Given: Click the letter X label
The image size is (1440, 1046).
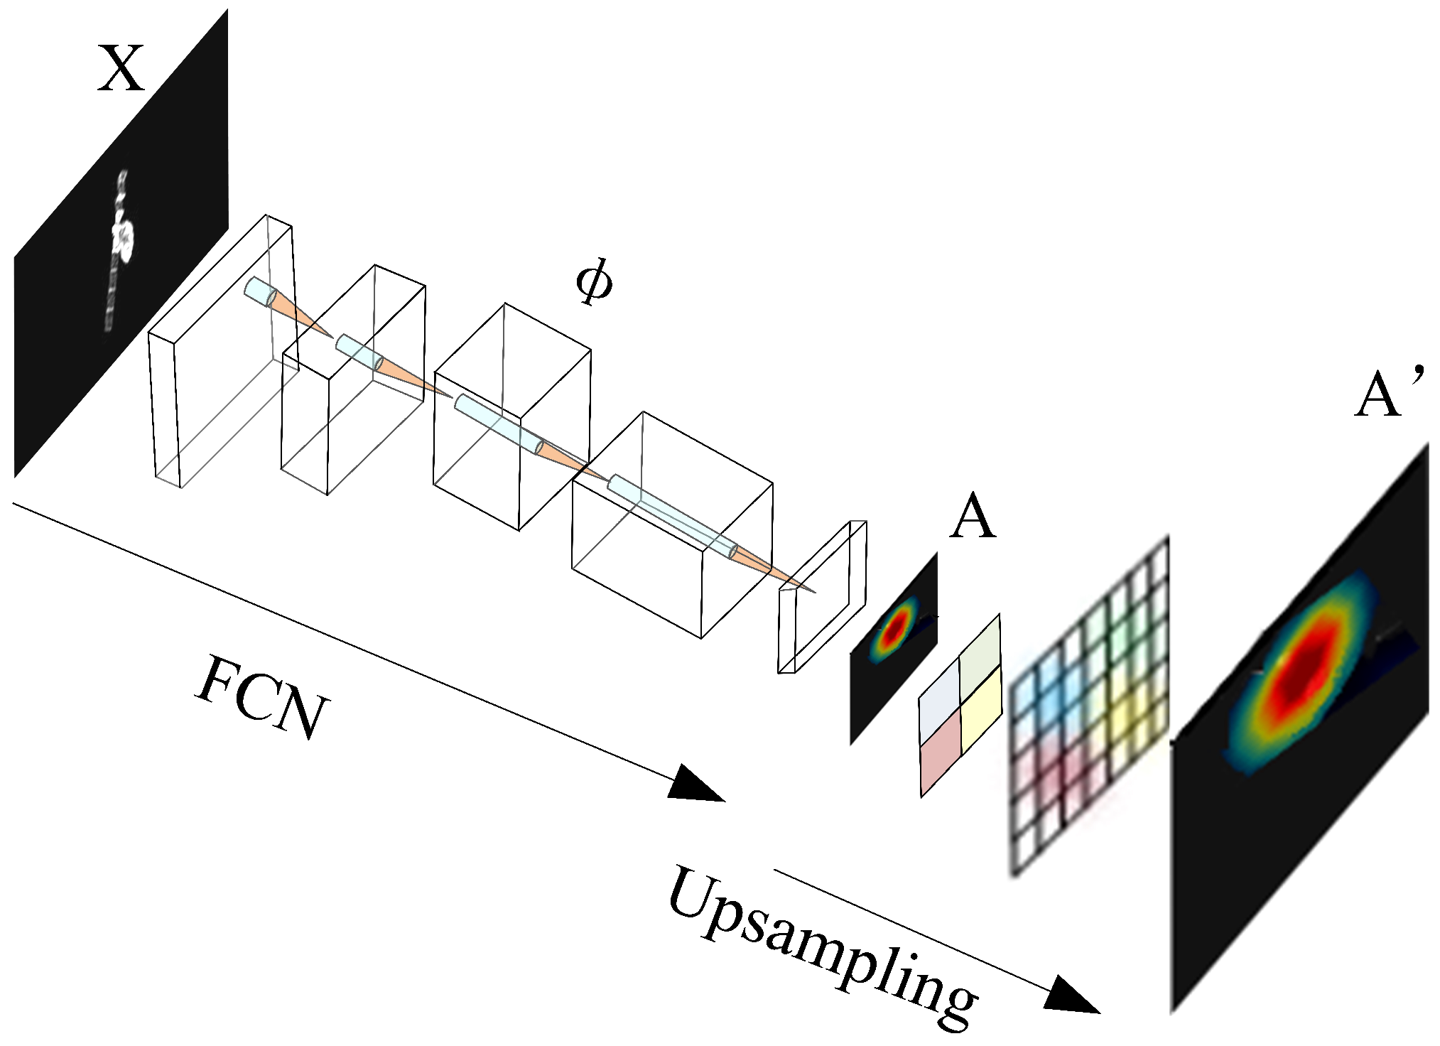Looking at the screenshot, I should pos(121,68).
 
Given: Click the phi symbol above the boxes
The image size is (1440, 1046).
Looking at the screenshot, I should pos(593,282).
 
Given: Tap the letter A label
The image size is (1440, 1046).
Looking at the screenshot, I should pos(973,517).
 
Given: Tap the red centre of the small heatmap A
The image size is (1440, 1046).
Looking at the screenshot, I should pos(897,625).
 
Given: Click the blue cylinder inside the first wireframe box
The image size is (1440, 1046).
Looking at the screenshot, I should pos(259,292).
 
